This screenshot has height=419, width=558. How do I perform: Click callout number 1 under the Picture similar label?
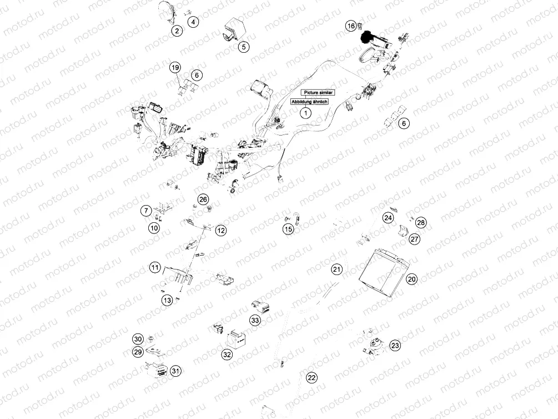pyautogui.click(x=304, y=113)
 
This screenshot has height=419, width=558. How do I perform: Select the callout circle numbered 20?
pyautogui.click(x=411, y=280)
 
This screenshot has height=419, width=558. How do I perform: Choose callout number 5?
pyautogui.click(x=244, y=47)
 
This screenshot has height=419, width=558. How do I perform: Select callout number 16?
pyautogui.click(x=351, y=26)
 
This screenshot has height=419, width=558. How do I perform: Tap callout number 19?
pyautogui.click(x=175, y=68)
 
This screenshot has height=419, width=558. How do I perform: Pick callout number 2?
pyautogui.click(x=176, y=31)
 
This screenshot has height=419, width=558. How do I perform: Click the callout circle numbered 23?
pyautogui.click(x=395, y=346)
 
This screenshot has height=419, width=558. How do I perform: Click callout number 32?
pyautogui.click(x=227, y=355)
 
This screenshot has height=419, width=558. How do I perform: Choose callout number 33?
pyautogui.click(x=255, y=321)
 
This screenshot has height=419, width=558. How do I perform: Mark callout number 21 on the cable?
pyautogui.click(x=336, y=270)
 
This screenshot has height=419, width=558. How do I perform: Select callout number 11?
pyautogui.click(x=155, y=268)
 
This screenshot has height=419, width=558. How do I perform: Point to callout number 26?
pyautogui.click(x=203, y=199)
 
